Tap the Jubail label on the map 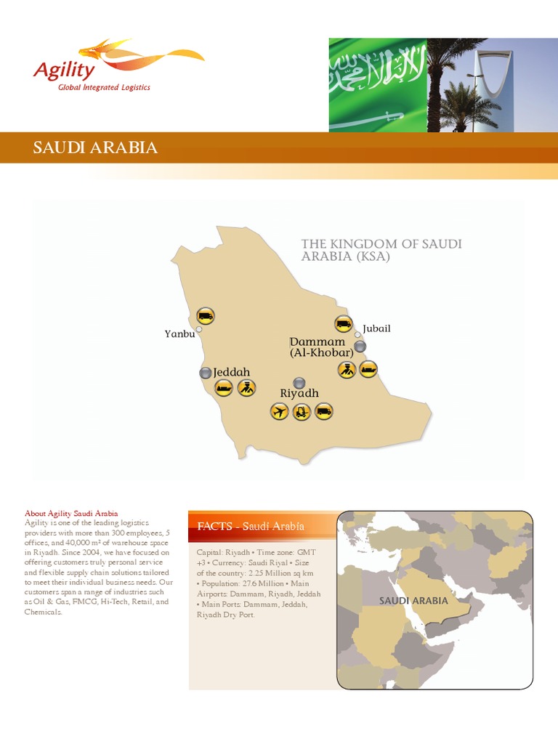[376, 328]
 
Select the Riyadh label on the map [299, 393]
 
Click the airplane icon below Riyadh [279, 412]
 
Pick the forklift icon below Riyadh [302, 412]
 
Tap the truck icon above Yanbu [206, 316]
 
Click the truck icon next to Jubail [343, 324]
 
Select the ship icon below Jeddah [224, 388]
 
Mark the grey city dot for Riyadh [299, 382]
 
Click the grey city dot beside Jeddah [206, 373]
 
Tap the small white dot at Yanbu [199, 329]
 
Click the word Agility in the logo [64, 70]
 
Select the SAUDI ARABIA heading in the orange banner [95, 148]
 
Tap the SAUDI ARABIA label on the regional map [413, 601]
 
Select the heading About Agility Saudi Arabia [71, 514]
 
